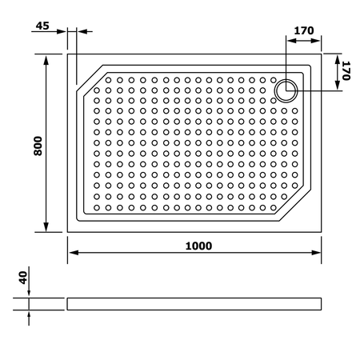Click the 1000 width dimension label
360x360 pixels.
198,246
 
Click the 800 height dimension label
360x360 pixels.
38,146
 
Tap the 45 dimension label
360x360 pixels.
42,26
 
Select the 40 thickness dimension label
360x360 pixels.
23,278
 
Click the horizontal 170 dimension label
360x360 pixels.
304,30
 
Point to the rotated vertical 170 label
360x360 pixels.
346,70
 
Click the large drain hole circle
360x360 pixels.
286,90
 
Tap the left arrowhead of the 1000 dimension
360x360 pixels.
74,253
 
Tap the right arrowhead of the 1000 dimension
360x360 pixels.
316,253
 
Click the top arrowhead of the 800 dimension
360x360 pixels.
46,60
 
